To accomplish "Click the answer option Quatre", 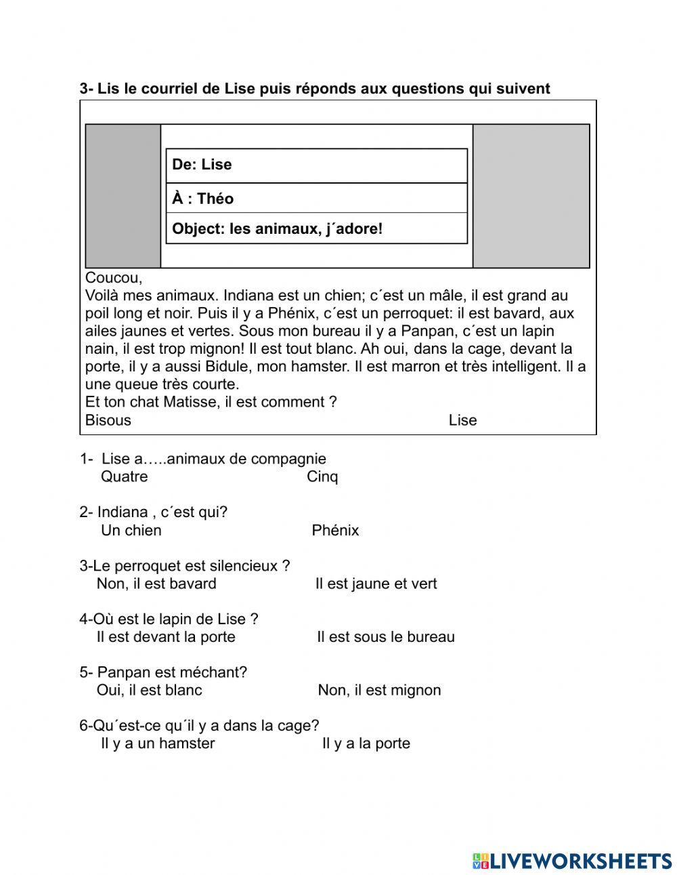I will tap(124, 476).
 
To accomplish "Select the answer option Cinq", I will tap(322, 476).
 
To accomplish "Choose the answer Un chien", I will tap(131, 530).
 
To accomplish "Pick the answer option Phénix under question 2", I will tap(335, 530).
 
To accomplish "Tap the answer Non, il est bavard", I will tap(156, 584).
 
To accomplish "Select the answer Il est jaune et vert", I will tap(376, 584).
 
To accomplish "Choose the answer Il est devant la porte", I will tap(166, 637).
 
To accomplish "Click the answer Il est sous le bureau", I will tap(385, 637).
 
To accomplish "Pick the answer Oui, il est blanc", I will tap(149, 690).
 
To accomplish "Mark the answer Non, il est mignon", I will tap(379, 690).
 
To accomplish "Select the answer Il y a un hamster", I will tap(158, 744).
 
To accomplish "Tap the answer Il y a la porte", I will tap(366, 744).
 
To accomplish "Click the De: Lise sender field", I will tap(202, 165).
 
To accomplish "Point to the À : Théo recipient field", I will tap(202, 199).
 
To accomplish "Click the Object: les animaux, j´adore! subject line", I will tap(277, 229).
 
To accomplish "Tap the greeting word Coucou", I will tap(113, 278).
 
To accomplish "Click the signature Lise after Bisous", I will tap(462, 420).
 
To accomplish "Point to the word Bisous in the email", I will tap(108, 420).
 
